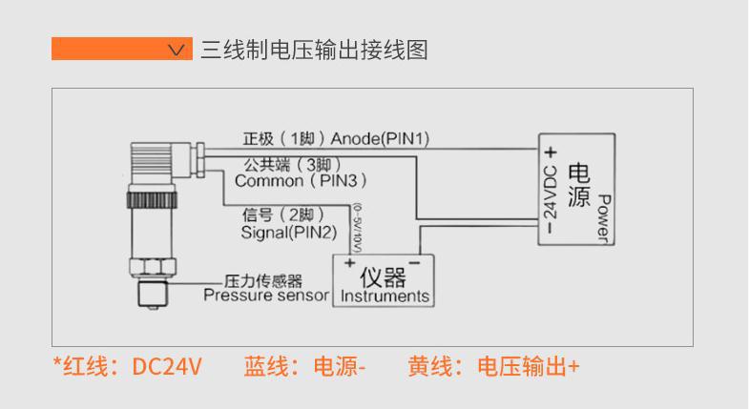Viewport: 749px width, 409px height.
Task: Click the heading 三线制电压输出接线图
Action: pyautogui.click(x=314, y=49)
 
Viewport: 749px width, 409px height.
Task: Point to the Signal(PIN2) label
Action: pyautogui.click(x=290, y=232)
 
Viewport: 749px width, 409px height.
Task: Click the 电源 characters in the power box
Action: pyautogui.click(x=578, y=186)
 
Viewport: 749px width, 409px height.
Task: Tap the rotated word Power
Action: pyautogui.click(x=602, y=217)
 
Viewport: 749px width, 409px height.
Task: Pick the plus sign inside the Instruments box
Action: pyautogui.click(x=350, y=262)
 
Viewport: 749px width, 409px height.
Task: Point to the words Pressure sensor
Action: pyautogui.click(x=264, y=296)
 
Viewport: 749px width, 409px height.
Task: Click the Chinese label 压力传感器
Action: pyautogui.click(x=262, y=281)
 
